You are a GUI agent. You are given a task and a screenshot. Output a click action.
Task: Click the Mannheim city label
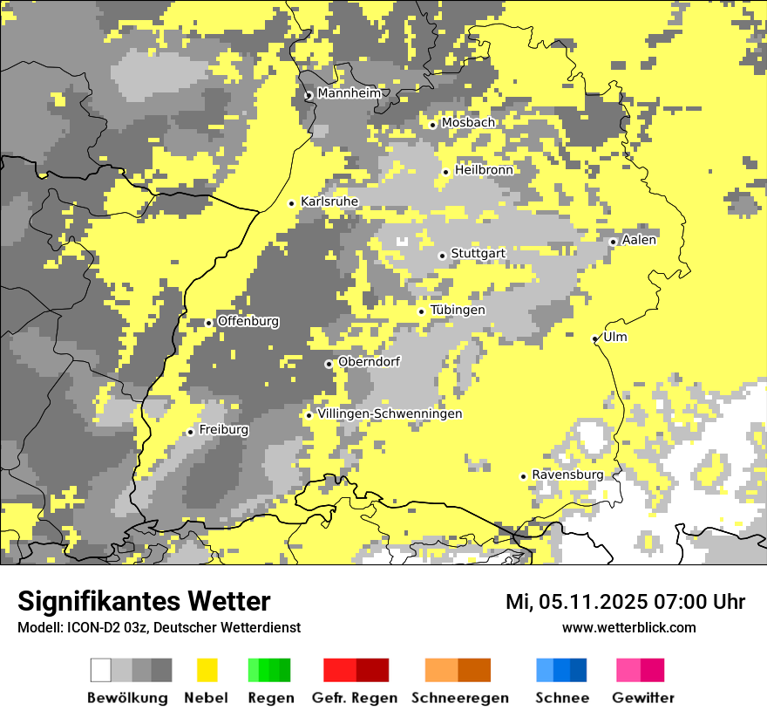(x=350, y=93)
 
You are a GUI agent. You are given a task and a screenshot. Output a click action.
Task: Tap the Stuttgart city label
(x=479, y=254)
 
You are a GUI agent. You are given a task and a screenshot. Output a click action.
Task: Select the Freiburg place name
(x=224, y=430)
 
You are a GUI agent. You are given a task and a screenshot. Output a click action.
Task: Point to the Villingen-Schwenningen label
(x=390, y=414)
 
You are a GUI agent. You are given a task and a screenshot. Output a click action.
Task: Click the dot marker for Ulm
(x=595, y=338)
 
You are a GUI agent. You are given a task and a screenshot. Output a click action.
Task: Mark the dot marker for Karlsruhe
(x=292, y=203)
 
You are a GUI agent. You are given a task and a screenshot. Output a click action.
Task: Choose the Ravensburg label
(x=567, y=475)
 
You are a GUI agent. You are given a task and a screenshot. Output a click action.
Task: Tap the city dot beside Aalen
(x=613, y=242)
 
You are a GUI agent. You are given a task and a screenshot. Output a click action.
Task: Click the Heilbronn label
(x=484, y=170)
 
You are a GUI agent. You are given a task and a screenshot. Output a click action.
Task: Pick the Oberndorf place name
(x=370, y=362)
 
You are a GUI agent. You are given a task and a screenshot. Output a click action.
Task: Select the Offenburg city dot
(x=209, y=323)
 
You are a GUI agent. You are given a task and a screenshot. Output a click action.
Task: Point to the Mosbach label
(x=468, y=123)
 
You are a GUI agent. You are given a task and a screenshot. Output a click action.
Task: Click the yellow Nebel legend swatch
(x=207, y=670)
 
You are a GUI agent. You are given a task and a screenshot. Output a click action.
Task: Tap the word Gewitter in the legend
(x=643, y=698)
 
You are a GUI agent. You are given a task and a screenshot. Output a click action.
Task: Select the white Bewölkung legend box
(x=101, y=670)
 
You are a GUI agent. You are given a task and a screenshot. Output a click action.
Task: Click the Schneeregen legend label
(x=460, y=698)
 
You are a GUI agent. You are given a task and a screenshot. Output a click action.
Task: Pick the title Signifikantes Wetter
(x=144, y=601)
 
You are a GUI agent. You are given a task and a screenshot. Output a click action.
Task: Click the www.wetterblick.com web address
(x=628, y=627)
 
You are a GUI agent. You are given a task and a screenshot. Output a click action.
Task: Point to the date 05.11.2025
(x=592, y=602)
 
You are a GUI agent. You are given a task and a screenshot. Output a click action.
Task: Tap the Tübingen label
(x=458, y=311)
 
